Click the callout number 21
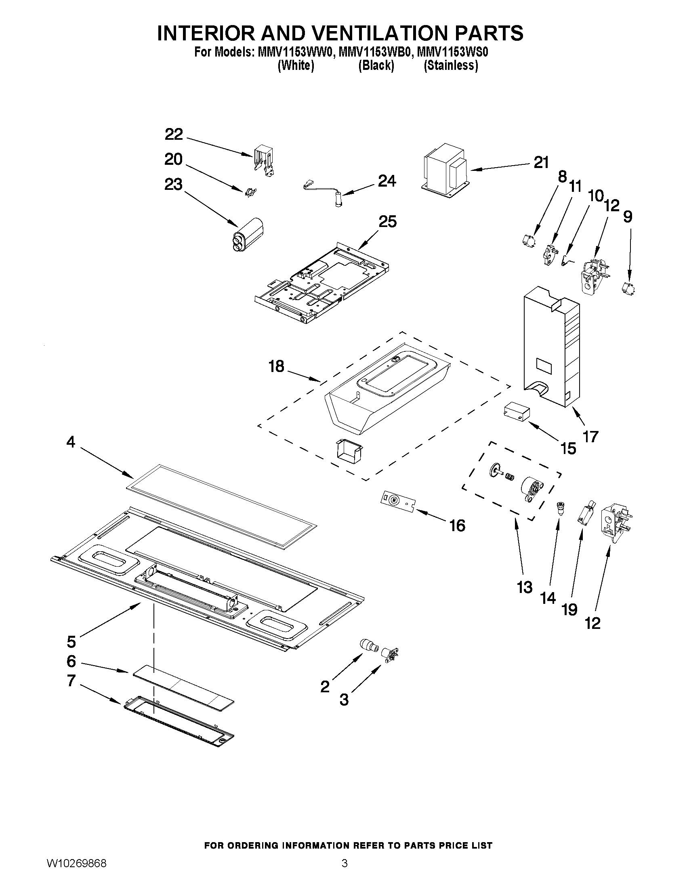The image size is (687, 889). (541, 163)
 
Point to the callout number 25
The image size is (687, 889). (387, 222)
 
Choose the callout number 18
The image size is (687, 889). (276, 366)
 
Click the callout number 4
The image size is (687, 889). (71, 441)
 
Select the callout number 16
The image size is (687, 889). (457, 525)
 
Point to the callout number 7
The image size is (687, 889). (71, 680)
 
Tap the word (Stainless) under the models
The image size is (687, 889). (451, 65)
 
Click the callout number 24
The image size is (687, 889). (387, 181)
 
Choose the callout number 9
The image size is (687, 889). (628, 217)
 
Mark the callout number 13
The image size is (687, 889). (525, 587)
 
